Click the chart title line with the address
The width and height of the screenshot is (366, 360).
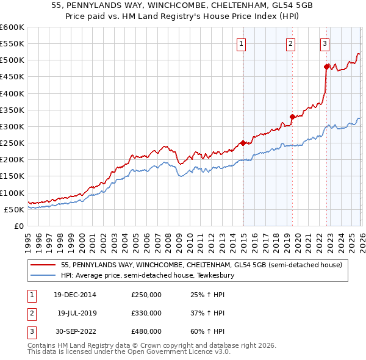[182, 5]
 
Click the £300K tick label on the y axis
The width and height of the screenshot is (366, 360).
[12, 126]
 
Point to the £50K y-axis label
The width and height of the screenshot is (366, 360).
[13, 209]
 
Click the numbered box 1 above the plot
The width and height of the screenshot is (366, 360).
[242, 43]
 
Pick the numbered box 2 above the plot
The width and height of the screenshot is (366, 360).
[290, 43]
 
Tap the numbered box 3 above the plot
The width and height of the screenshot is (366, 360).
[325, 43]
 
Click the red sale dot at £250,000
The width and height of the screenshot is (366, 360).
[243, 143]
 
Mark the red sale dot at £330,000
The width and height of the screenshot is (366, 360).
[292, 117]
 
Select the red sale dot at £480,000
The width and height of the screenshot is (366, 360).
[326, 67]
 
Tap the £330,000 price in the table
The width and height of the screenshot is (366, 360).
[146, 313]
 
